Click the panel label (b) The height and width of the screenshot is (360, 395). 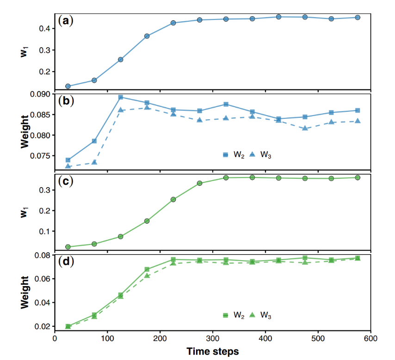coord(65,100)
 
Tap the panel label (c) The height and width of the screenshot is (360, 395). coord(65,181)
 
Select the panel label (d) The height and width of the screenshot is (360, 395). coord(65,261)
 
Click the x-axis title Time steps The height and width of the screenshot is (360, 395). coord(213,351)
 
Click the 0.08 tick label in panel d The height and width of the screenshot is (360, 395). coord(43,255)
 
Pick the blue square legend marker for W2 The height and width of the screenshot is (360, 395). coord(226,155)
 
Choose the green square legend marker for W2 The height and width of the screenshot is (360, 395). coord(226,315)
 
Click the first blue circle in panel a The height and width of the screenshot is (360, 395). coord(68,86)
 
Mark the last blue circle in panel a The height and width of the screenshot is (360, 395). coord(358,18)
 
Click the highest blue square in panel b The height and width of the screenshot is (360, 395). coord(121,97)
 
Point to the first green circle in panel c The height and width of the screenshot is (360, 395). coord(68,247)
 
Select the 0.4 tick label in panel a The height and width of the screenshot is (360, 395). coord(45,29)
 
